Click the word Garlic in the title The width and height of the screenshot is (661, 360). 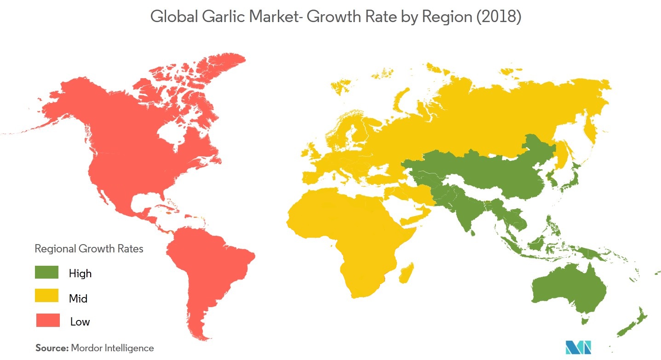click(228, 17)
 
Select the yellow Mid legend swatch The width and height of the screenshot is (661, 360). click(46, 296)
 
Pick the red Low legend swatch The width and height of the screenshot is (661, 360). click(48, 320)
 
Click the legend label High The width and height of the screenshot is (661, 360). click(80, 274)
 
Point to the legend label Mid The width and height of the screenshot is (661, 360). click(78, 298)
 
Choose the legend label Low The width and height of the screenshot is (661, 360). click(80, 322)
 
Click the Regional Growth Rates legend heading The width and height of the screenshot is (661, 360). click(89, 249)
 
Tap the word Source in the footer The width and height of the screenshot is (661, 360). click(52, 348)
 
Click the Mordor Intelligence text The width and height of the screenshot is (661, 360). click(112, 348)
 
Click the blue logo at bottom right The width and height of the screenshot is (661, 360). click(578, 347)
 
